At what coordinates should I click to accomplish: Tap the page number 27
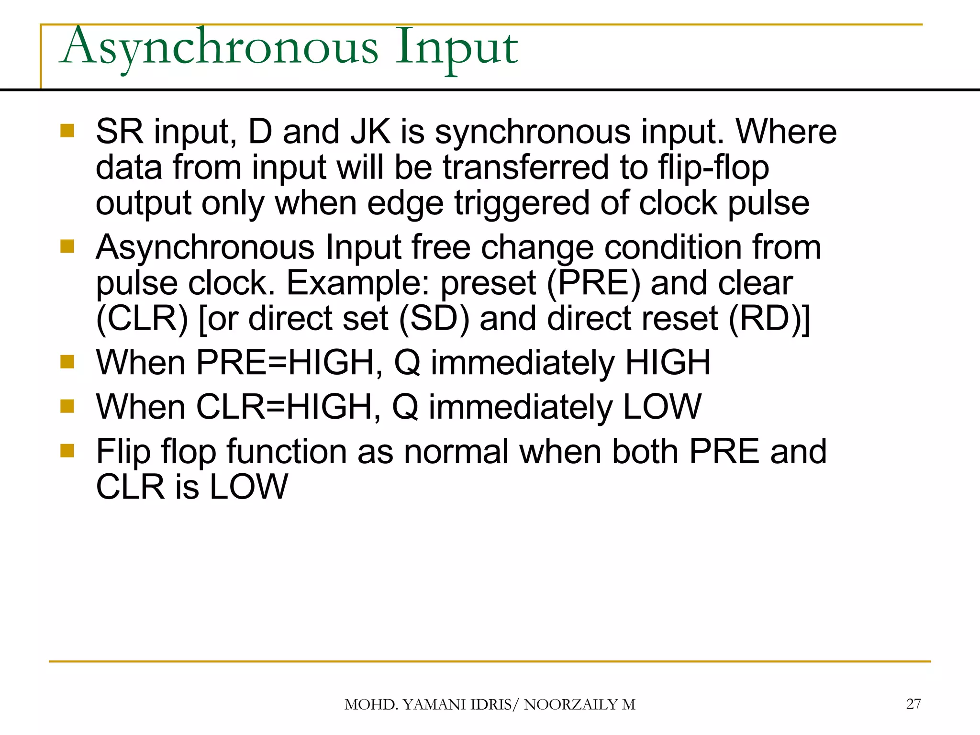coord(913,704)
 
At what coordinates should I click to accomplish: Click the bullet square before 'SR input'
coord(67,131)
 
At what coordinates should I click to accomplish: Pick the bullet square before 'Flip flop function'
coord(67,451)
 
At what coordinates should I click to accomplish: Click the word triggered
coord(522,204)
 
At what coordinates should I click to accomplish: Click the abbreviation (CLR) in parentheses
coord(142,319)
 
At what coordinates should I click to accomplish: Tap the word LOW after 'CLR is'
coord(249,487)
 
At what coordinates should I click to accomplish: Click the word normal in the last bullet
coord(456,452)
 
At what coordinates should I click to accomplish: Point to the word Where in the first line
coord(786,132)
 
